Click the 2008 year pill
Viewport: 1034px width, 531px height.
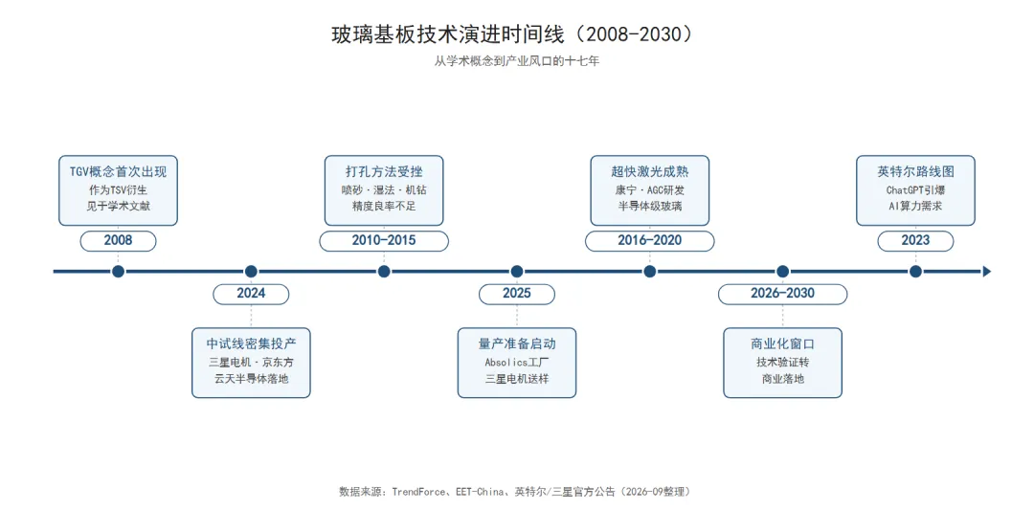tap(118, 241)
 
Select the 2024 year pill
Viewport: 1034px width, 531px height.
tap(251, 294)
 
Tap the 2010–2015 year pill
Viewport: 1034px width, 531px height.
tap(384, 241)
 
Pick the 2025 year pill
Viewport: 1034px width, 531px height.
tap(516, 294)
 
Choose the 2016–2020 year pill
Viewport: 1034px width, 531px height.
tap(649, 241)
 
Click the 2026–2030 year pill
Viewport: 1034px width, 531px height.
tap(782, 294)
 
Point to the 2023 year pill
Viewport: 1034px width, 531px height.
tap(915, 241)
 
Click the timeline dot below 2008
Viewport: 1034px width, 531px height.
tap(118, 272)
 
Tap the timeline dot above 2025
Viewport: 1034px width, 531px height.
tap(516, 272)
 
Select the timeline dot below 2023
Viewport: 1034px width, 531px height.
tap(915, 272)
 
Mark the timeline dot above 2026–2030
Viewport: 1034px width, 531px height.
tap(782, 272)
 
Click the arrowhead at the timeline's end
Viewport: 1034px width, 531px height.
tap(987, 272)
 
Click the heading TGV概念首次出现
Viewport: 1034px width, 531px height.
tap(118, 172)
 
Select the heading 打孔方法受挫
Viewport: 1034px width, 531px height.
tap(384, 172)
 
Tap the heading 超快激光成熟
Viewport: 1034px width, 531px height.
tap(649, 172)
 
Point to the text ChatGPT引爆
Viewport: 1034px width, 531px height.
tap(915, 190)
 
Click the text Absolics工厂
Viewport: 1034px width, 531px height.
tap(516, 363)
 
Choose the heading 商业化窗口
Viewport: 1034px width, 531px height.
tap(782, 343)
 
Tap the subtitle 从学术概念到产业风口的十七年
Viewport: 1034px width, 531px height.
tap(516, 61)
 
